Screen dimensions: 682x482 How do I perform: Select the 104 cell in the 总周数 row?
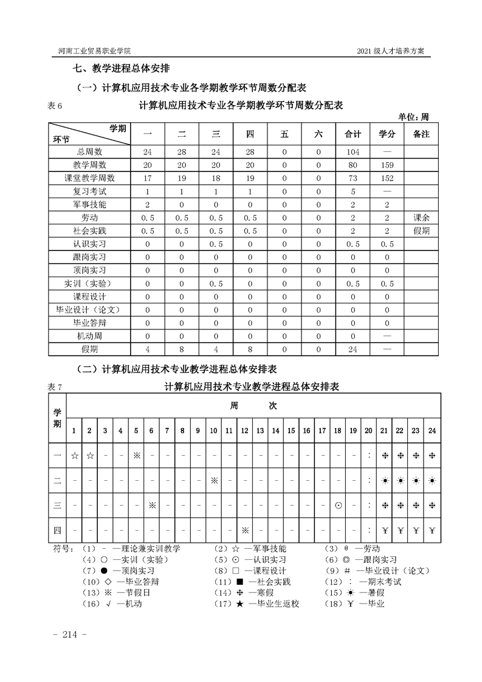(x=353, y=151)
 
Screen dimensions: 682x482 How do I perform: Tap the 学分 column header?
(x=387, y=134)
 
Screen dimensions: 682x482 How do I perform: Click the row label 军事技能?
(x=89, y=204)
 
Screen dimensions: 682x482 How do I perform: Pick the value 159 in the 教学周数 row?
(x=387, y=165)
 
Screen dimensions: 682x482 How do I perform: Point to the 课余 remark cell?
(x=421, y=218)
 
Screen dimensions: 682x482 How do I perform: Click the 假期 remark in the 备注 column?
(x=421, y=231)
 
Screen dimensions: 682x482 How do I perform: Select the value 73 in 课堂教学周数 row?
(x=353, y=178)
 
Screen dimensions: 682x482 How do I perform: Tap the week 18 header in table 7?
(x=337, y=430)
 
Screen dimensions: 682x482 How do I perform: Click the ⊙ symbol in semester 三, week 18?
(x=337, y=505)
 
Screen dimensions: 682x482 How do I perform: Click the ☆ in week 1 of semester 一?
(x=74, y=455)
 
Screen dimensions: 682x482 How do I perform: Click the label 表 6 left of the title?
(x=55, y=106)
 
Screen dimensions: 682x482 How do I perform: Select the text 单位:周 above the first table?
(x=414, y=117)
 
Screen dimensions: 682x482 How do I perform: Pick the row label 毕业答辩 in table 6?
(x=89, y=323)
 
